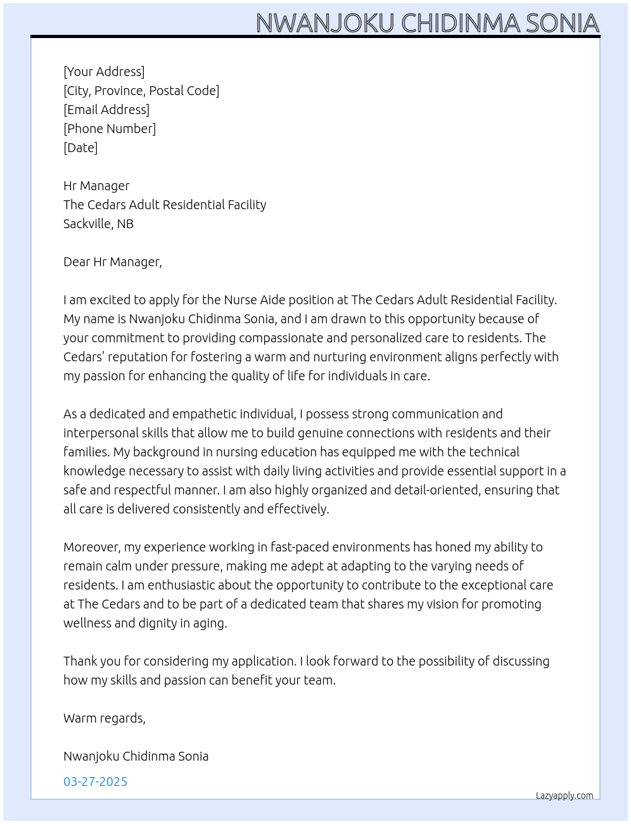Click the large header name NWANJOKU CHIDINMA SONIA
[427, 23]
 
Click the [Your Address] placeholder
[104, 72]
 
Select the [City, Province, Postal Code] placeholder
[141, 91]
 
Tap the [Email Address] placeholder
[106, 110]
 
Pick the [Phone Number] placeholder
[110, 129]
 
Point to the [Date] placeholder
[80, 148]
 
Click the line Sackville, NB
[98, 224]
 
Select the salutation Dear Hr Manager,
[112, 262]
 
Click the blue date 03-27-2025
[95, 782]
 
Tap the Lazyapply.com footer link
[564, 795]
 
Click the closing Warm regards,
[104, 718]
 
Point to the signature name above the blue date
[136, 756]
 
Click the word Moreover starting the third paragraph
[92, 547]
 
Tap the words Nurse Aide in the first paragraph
[253, 300]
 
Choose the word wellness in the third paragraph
[87, 623]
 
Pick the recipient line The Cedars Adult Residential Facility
[165, 205]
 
